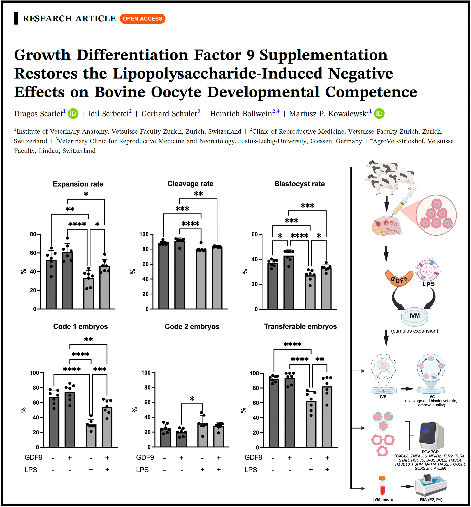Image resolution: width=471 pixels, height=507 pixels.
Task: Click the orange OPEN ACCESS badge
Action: click(x=142, y=19)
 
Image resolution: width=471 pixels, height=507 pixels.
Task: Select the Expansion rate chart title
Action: click(x=78, y=184)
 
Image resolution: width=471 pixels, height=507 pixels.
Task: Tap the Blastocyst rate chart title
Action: click(x=299, y=184)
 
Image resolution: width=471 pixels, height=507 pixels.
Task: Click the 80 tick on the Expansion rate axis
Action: click(x=33, y=234)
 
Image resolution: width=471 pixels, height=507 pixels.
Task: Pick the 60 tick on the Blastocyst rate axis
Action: click(x=254, y=234)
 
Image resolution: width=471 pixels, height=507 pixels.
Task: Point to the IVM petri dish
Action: click(x=414, y=316)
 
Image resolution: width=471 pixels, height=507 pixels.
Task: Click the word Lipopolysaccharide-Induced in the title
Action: click(x=217, y=74)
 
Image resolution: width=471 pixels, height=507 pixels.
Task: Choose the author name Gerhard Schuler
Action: click(x=169, y=114)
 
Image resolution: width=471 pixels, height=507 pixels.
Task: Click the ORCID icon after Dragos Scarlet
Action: click(x=73, y=114)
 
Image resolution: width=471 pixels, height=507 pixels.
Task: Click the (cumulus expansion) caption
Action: click(x=414, y=331)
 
